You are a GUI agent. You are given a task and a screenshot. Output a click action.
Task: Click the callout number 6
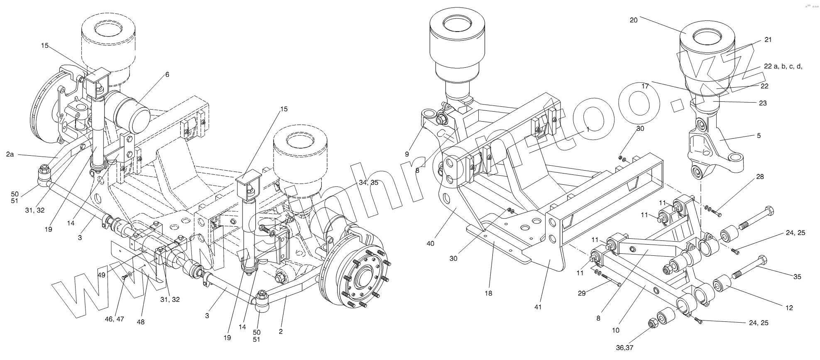coord(167,75)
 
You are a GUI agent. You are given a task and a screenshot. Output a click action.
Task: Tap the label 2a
coord(10,154)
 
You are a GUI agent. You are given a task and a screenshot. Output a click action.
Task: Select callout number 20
coord(634,20)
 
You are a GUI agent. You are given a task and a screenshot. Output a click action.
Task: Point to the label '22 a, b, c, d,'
coord(783,66)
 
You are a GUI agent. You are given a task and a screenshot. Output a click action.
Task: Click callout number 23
coord(763,103)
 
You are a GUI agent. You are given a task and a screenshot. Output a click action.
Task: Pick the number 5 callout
coord(759,135)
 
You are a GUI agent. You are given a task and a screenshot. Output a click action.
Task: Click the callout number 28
coord(760,177)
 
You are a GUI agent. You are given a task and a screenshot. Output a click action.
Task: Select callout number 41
coord(539,307)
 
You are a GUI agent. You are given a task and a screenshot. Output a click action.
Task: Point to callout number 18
coord(488,293)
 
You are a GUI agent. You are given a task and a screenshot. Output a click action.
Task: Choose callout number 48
coord(141,322)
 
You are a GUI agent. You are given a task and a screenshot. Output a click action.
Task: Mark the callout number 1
coord(588,129)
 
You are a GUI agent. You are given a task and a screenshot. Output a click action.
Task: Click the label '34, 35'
coord(369,182)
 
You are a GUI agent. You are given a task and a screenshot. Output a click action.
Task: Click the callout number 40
coord(430,243)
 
